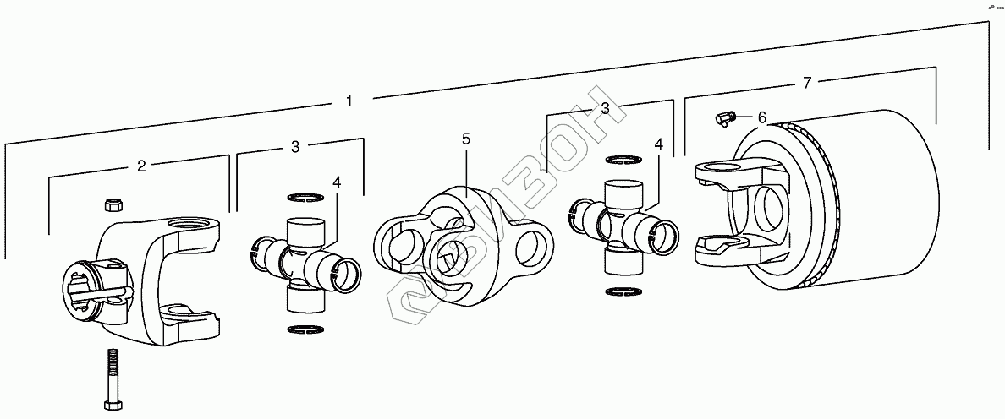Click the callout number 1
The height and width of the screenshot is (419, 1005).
tap(349, 101)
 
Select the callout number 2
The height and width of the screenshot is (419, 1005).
tap(141, 166)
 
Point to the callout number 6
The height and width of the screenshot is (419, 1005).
tap(761, 117)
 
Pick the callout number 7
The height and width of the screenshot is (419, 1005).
tap(807, 83)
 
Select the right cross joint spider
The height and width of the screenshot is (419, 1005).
tap(622, 223)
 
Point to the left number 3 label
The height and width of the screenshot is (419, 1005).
tap(294, 147)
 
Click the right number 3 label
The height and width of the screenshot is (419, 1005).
tap(606, 108)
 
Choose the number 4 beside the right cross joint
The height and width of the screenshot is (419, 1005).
tap(658, 144)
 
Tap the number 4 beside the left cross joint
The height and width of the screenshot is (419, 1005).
tap(336, 182)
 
